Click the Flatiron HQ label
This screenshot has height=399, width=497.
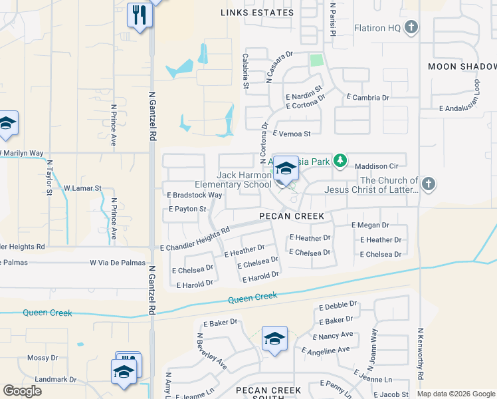[x=376, y=27]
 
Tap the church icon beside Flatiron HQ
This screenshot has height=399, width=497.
[x=411, y=27]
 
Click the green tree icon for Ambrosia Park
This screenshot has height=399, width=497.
[x=340, y=160]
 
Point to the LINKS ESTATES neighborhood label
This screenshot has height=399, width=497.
[x=257, y=13]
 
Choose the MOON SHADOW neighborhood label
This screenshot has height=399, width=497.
[x=462, y=66]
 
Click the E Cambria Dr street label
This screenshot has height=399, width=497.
[x=367, y=98]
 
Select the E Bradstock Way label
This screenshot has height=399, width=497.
[x=194, y=195]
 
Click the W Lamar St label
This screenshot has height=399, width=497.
[x=82, y=188]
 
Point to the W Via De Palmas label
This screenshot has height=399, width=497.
[x=117, y=263]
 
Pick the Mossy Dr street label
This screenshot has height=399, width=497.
[x=43, y=358]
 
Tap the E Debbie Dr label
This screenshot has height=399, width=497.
[x=338, y=307]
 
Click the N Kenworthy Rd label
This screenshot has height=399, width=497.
[x=421, y=354]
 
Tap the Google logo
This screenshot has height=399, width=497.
[x=22, y=391]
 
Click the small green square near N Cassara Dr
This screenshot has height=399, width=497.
[x=316, y=61]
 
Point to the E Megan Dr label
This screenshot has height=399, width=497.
[x=369, y=225]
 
